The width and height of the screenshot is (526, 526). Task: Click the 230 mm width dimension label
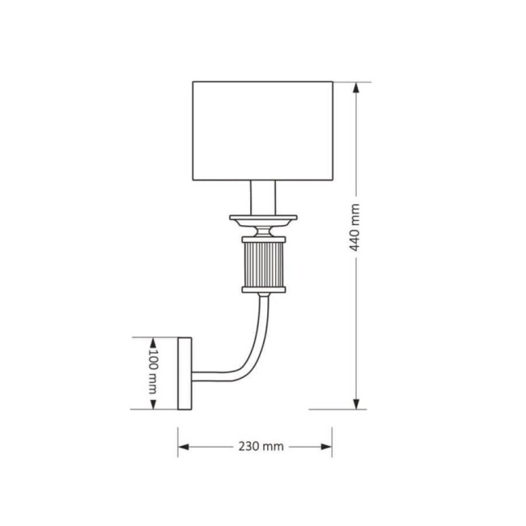(261, 447)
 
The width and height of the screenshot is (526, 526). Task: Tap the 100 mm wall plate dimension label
(151, 373)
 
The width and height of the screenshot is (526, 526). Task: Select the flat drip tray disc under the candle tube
(263, 218)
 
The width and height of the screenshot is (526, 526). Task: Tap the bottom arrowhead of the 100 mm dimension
(152, 405)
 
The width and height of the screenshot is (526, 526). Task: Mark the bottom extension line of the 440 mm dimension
(340, 409)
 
